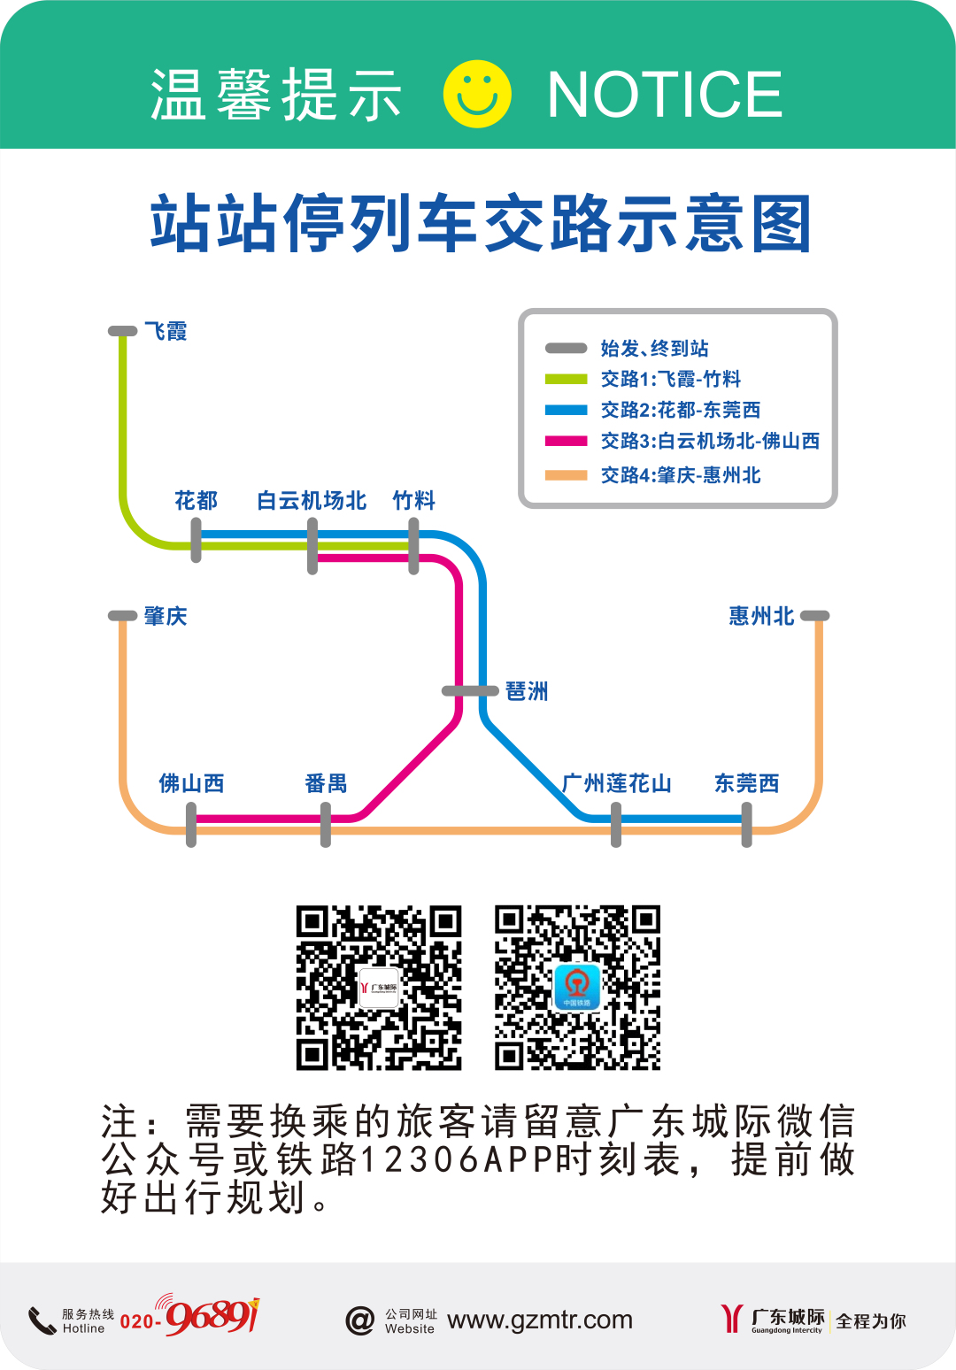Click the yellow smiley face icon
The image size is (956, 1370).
[477, 94]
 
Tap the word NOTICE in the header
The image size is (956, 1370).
[665, 95]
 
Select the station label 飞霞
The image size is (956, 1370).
[166, 332]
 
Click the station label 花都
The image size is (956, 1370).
[196, 501]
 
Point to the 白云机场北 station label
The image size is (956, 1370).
[312, 501]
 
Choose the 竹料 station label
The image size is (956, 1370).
[414, 501]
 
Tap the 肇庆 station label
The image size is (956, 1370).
[166, 616]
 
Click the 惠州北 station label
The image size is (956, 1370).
[761, 616]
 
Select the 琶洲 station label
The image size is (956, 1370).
[527, 691]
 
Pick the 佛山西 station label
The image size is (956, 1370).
[191, 783]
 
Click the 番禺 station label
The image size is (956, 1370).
[326, 783]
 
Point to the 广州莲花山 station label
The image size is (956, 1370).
[617, 783]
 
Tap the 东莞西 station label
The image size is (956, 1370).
[747, 783]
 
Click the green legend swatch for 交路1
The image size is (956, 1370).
[567, 380]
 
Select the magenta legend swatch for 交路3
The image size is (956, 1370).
[567, 441]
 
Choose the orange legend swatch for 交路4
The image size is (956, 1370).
[567, 475]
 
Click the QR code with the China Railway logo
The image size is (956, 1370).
[577, 987]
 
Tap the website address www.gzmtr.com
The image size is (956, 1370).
[540, 1320]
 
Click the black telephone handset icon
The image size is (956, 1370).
[42, 1320]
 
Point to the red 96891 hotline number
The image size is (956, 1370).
[212, 1317]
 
